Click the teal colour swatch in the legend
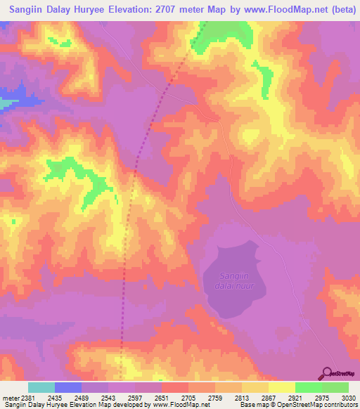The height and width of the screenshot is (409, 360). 41,387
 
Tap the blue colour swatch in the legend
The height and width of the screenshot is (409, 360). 68,387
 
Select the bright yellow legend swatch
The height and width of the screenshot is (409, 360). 281,387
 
